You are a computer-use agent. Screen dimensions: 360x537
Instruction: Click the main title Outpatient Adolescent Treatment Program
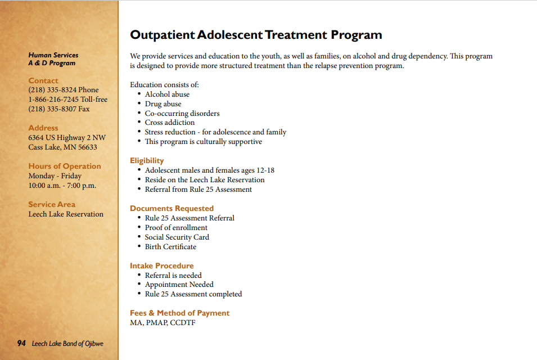(x=256, y=35)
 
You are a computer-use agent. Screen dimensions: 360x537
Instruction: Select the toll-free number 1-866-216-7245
(x=53, y=100)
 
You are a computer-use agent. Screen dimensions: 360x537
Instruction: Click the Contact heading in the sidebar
(x=43, y=80)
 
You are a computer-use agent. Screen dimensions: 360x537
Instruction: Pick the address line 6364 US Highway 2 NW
(x=67, y=138)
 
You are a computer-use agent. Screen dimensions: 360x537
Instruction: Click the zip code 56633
(x=87, y=147)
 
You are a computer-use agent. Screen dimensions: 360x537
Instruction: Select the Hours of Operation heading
(x=65, y=166)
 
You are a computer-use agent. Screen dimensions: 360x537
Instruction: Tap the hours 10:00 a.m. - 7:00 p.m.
(x=62, y=186)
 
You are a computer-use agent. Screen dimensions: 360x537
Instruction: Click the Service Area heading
(x=52, y=205)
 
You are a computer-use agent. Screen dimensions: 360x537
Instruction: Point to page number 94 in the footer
(x=21, y=344)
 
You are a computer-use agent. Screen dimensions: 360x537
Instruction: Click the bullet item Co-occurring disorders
(x=182, y=114)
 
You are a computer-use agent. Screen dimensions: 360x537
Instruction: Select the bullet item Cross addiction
(x=170, y=123)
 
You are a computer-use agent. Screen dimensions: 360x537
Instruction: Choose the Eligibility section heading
(x=147, y=161)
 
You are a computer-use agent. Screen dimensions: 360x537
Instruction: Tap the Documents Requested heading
(x=172, y=209)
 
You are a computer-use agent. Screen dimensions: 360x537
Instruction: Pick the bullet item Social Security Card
(x=177, y=237)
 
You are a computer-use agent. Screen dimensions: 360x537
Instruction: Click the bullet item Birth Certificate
(x=171, y=247)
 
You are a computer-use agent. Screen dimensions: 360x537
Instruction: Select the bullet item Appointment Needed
(x=179, y=285)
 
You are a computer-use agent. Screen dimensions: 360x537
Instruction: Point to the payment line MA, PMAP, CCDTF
(x=163, y=323)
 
